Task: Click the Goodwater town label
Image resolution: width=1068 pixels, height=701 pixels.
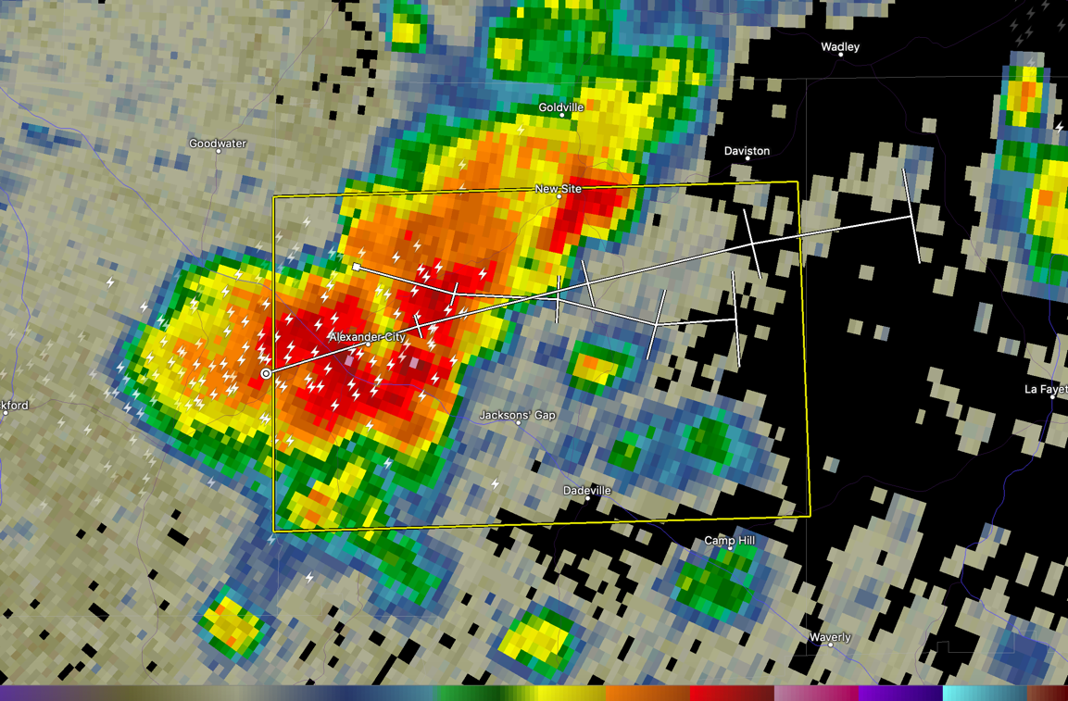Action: [218, 144]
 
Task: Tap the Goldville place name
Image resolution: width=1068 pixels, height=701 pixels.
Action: [560, 107]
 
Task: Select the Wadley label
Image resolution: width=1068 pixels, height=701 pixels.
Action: [840, 47]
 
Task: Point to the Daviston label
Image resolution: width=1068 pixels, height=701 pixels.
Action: [747, 151]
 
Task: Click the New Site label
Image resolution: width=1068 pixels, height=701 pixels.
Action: [559, 189]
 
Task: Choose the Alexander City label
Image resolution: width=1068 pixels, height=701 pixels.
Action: [367, 337]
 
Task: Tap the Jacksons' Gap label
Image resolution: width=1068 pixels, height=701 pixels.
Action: [517, 416]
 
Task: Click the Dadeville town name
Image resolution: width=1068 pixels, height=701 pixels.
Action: [587, 490]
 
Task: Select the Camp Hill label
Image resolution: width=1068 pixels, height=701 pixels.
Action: [729, 541]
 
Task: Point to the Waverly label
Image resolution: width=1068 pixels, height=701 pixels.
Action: [829, 637]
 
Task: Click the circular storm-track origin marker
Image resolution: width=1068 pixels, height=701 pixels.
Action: [267, 373]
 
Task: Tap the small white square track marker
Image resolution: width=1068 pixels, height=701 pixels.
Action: [357, 267]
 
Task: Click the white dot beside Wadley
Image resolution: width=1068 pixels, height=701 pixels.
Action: [840, 55]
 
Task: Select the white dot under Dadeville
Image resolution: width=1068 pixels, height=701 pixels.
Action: [587, 498]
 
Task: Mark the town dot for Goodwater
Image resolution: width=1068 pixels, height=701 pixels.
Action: [219, 151]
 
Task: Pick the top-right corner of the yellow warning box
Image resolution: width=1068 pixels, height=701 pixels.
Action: [797, 182]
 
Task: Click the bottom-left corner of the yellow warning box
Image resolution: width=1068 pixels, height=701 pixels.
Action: [274, 531]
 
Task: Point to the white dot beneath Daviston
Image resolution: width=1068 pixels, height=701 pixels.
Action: [748, 158]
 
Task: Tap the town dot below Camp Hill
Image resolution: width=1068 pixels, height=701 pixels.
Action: [730, 548]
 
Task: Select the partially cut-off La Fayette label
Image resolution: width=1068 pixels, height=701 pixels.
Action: [1046, 390]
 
